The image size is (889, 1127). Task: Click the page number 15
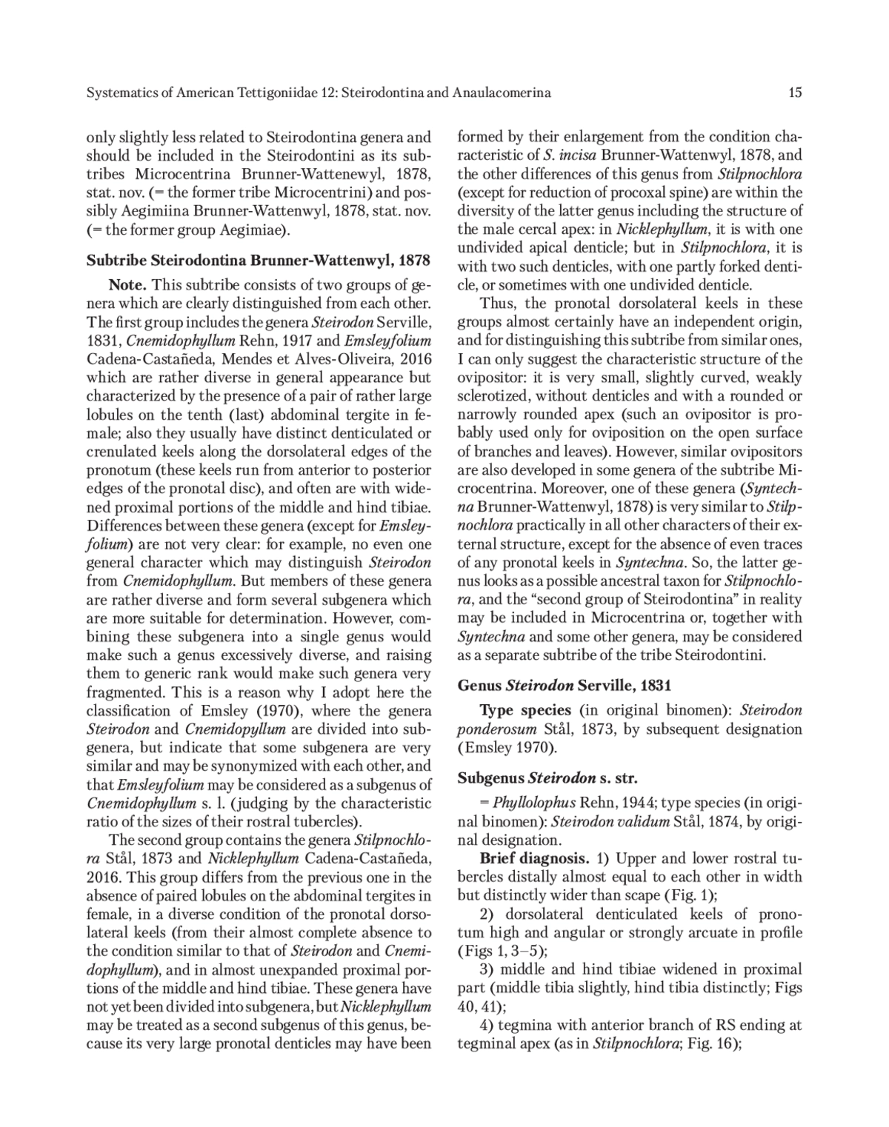(796, 93)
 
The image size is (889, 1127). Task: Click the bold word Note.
(129, 285)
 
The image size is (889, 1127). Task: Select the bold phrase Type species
(525, 710)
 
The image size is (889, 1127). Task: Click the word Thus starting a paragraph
(494, 304)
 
